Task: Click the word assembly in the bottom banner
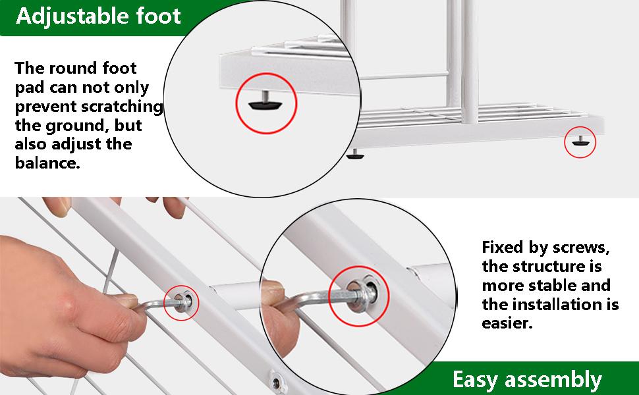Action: coord(553,379)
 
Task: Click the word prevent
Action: coord(45,107)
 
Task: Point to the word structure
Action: coord(545,267)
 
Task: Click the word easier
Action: coord(507,323)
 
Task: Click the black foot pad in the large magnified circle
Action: coord(265,104)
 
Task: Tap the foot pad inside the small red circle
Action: coord(580,142)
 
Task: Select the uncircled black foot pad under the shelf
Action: coord(355,154)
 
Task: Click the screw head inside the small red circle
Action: coord(181,302)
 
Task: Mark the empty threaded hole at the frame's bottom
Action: coord(276,382)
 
